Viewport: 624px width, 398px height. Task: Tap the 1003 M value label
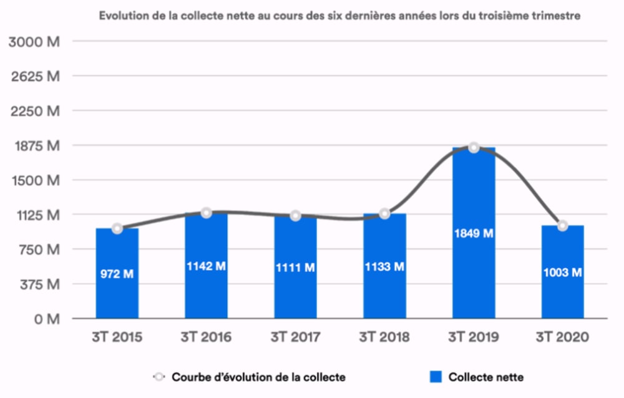point(562,273)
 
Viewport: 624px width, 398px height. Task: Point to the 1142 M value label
point(206,266)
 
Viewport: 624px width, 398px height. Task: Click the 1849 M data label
point(474,233)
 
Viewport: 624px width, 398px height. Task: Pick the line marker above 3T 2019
point(474,148)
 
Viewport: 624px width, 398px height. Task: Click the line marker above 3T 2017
point(295,216)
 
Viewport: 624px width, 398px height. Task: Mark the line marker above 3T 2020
point(562,226)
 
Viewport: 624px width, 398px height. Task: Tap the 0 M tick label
point(47,319)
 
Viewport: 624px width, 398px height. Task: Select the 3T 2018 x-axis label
point(384,337)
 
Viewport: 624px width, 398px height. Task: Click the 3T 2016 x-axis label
point(206,337)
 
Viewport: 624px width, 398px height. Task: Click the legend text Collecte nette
point(485,377)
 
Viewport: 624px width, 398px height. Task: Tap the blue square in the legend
point(437,377)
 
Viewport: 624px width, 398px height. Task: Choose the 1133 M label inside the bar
point(384,267)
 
